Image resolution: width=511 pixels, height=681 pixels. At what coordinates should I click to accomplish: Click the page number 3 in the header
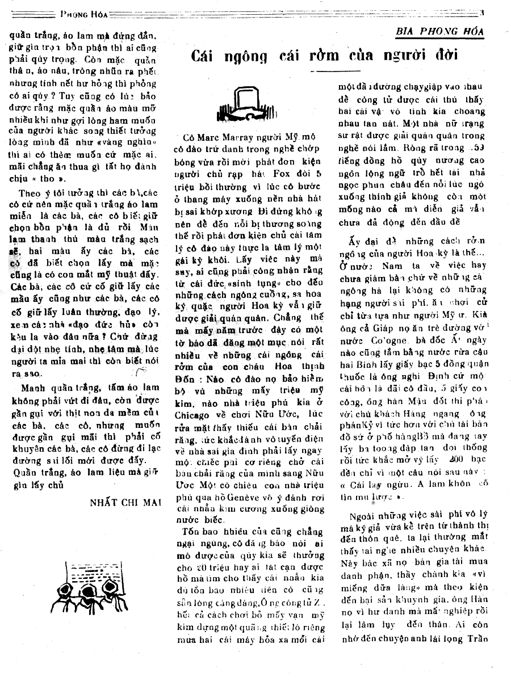coord(481,12)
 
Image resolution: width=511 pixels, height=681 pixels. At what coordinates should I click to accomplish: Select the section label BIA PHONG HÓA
coord(441,32)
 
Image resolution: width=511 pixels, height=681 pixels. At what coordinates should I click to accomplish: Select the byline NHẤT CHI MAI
coord(125,502)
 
